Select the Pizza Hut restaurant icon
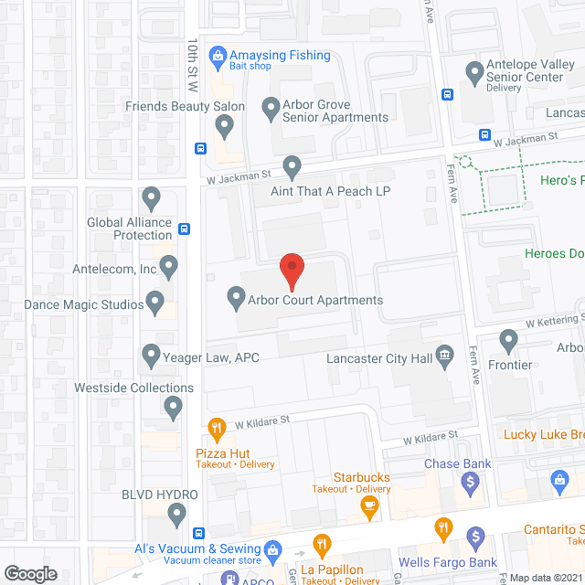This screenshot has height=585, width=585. (x=216, y=427)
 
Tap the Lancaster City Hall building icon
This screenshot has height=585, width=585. (x=445, y=356)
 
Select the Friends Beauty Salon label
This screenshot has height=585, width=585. (x=186, y=107)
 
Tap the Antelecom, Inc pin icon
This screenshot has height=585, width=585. (x=168, y=266)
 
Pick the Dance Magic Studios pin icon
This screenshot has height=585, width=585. (x=155, y=300)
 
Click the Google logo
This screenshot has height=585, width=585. (x=30, y=573)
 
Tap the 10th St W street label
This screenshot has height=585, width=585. (x=192, y=64)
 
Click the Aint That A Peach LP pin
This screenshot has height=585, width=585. (x=292, y=167)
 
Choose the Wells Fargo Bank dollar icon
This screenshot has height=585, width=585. (x=474, y=537)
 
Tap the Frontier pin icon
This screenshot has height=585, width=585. (x=510, y=342)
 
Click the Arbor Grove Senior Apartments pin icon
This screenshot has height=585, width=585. (x=271, y=108)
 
